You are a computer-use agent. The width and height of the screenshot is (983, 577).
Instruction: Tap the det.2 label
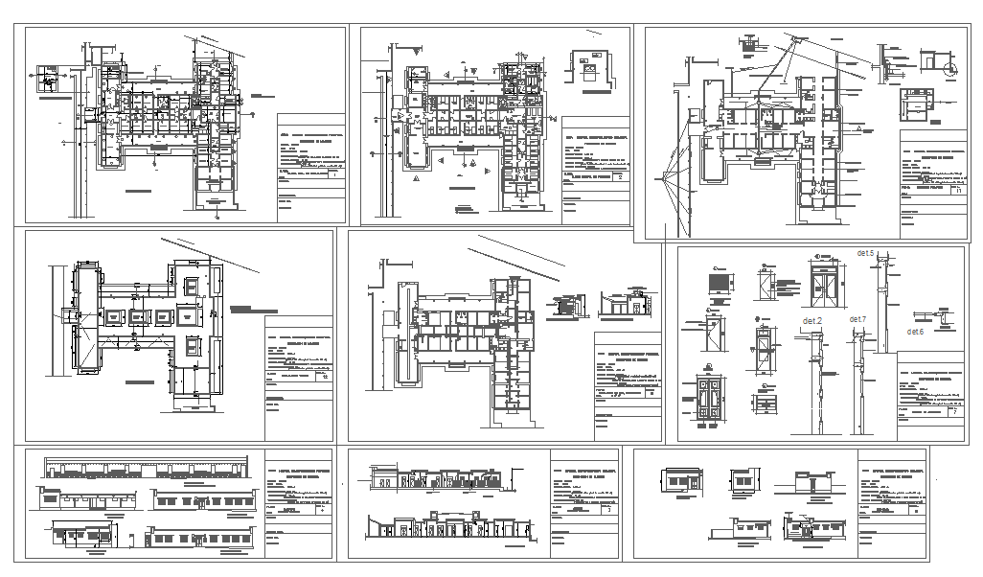pyautogui.click(x=812, y=320)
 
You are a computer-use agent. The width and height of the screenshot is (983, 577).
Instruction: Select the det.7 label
pyautogui.click(x=857, y=319)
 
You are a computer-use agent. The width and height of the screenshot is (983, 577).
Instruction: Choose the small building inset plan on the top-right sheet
pyautogui.click(x=914, y=103)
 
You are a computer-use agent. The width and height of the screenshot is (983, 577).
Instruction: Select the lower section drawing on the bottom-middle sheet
pyautogui.click(x=446, y=526)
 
